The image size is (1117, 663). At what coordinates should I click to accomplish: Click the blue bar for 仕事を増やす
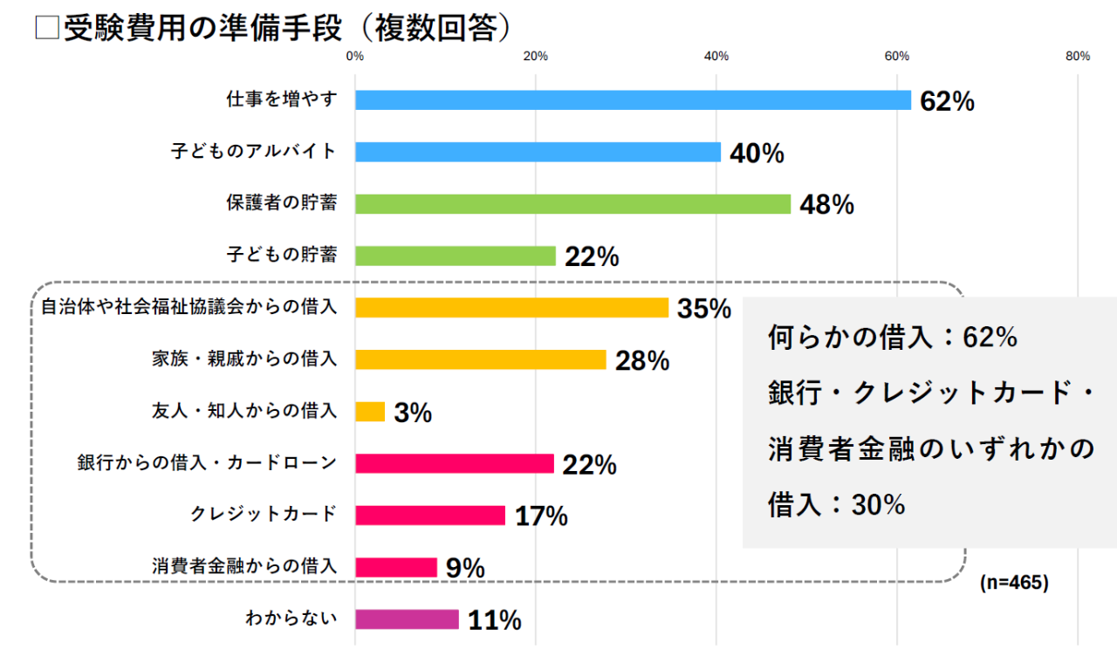point(633,100)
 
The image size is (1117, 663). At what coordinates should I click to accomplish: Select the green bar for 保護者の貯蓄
point(572,204)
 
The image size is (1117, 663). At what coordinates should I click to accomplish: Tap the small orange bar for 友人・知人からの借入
point(370,412)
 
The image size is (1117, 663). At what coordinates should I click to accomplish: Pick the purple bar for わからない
point(407,619)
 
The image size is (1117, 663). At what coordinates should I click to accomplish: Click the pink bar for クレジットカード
point(430,516)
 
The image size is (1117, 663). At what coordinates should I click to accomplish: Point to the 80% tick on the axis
point(1078,57)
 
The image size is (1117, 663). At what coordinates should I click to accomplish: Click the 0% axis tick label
point(355,57)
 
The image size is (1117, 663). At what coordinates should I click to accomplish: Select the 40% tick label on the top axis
point(716,57)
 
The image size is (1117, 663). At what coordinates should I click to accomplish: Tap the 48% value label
point(826,205)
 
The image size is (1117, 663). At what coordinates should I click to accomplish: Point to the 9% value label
point(465,568)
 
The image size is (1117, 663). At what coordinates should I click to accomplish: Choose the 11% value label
point(495,620)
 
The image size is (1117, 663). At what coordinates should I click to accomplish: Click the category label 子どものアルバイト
point(253,152)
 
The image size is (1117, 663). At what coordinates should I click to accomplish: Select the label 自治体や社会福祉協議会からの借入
point(188,308)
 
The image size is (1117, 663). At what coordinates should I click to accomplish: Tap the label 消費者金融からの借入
point(243,566)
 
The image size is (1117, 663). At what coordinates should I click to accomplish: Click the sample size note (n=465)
point(1013,583)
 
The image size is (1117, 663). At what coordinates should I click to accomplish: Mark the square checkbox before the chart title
point(46,29)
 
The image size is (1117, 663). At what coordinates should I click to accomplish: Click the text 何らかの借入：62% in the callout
point(892,338)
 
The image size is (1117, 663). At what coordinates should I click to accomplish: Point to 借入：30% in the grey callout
point(835,505)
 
